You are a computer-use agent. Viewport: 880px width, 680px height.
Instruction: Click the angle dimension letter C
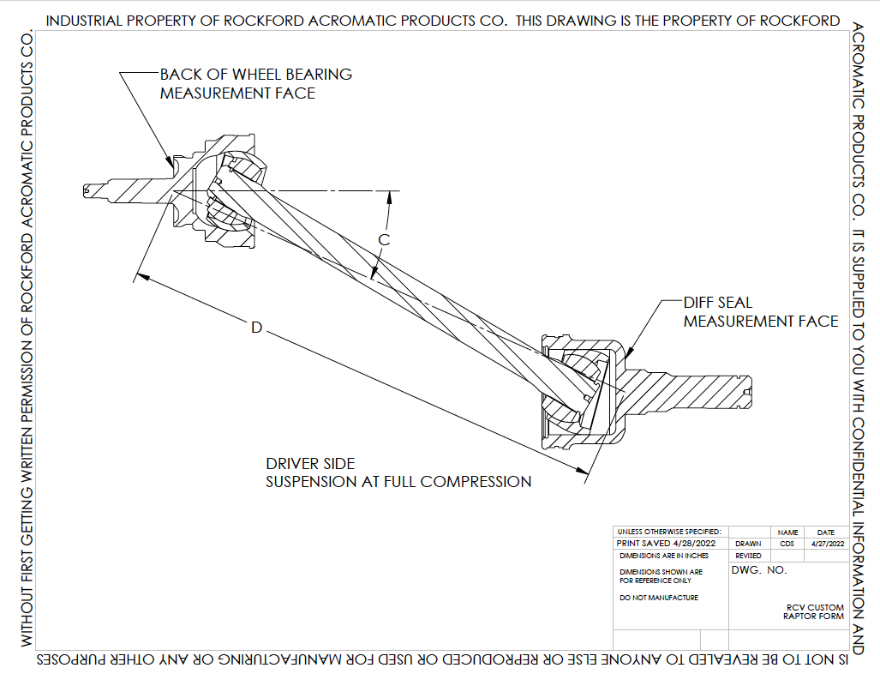[x=385, y=240]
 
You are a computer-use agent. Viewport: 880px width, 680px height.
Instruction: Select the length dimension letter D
[x=255, y=328]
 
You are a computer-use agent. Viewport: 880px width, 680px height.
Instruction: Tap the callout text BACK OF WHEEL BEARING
[x=255, y=75]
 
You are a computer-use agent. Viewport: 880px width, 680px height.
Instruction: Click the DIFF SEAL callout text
[x=717, y=303]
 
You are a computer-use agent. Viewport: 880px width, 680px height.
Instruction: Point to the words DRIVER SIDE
[x=309, y=464]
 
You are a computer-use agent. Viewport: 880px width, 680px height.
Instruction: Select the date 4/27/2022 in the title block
[x=825, y=544]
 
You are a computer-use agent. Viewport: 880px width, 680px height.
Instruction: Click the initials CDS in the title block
[x=787, y=544]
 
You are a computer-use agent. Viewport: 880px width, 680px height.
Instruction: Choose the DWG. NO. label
[x=758, y=570]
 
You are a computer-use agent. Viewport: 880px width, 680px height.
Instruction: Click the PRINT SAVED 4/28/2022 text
[x=666, y=544]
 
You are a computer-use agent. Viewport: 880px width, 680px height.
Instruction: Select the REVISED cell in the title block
[x=748, y=556]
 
